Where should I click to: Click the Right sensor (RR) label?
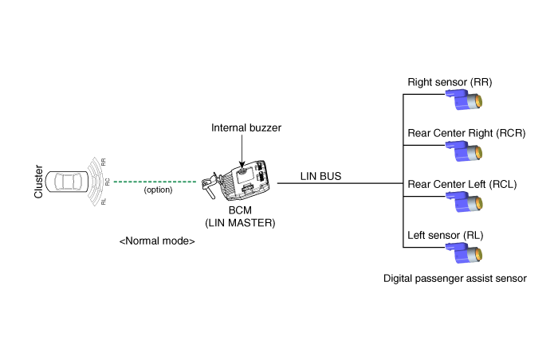450,82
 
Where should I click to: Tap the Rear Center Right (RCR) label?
466,133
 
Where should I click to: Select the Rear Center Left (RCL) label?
462,184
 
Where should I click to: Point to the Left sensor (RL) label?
445,235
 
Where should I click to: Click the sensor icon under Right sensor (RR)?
464,100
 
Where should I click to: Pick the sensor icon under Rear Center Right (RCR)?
464,151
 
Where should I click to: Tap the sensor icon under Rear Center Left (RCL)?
464,202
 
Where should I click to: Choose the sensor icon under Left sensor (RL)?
464,253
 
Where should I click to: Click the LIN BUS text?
320,176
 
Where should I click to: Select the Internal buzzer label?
246,127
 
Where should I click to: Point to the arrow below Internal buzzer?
242,151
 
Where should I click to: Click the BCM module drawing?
236,181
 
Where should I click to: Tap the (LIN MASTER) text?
240,223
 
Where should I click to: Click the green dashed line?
155,182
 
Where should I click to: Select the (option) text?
158,190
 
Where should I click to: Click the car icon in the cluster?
67,182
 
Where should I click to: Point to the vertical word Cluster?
38,182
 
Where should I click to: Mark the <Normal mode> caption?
157,241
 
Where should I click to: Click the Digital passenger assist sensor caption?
455,279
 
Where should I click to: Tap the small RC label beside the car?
107,182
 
